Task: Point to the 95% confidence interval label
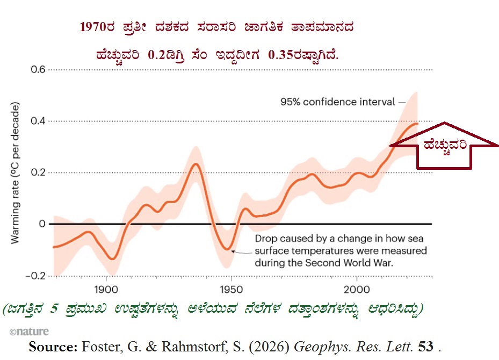click(x=337, y=101)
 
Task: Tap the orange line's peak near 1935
click(x=196, y=163)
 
